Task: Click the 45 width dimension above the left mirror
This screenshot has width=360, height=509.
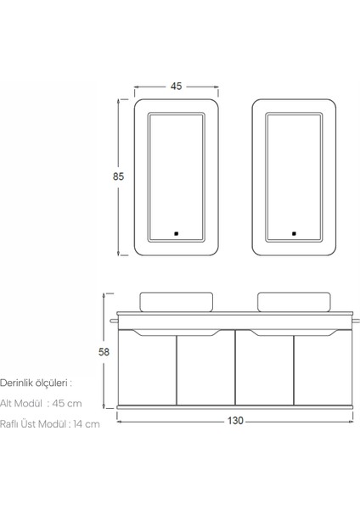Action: (x=177, y=87)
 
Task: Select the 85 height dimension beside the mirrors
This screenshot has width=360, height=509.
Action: (x=119, y=176)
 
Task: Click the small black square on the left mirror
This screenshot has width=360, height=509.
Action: (x=177, y=232)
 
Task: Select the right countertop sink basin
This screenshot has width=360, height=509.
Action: (x=292, y=301)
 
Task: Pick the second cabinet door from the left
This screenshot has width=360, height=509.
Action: (x=205, y=369)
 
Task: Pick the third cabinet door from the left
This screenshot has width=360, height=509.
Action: (x=263, y=369)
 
